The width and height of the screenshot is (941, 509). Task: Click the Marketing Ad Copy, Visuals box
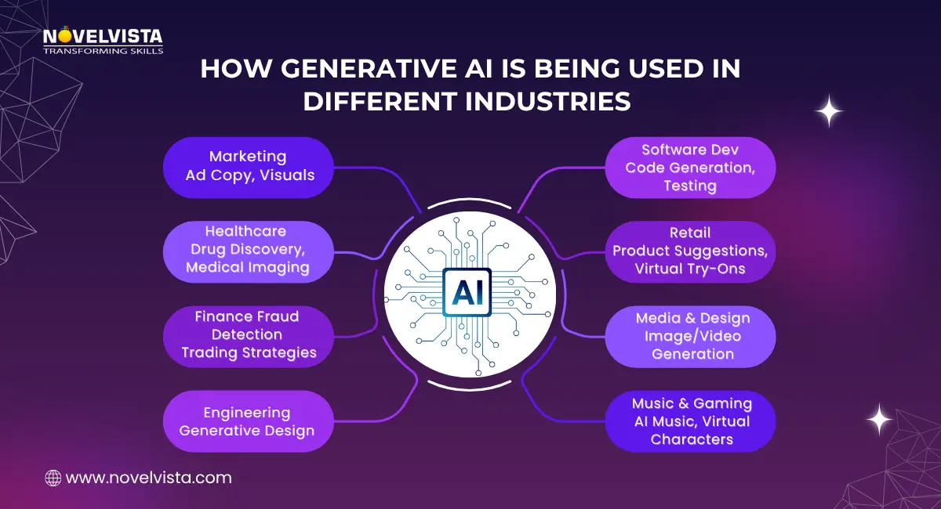249,166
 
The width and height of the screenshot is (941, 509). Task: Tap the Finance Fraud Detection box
249,335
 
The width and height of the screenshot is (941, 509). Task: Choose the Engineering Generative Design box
249,421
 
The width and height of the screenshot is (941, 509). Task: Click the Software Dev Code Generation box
690,167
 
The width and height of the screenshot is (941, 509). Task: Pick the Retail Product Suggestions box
690,251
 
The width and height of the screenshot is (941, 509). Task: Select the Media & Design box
690,336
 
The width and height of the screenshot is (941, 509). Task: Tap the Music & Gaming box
690,421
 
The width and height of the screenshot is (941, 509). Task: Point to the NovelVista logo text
102,36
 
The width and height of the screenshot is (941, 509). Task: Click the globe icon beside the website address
53,477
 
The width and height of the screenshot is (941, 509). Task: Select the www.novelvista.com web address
149,477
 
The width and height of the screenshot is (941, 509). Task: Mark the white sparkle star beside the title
828,111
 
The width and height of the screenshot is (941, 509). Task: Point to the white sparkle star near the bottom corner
878,419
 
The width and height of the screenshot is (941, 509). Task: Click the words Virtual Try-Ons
690,269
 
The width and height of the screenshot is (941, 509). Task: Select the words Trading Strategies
249,352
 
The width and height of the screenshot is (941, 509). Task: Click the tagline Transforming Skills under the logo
103,50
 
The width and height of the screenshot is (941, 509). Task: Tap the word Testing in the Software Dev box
690,186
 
